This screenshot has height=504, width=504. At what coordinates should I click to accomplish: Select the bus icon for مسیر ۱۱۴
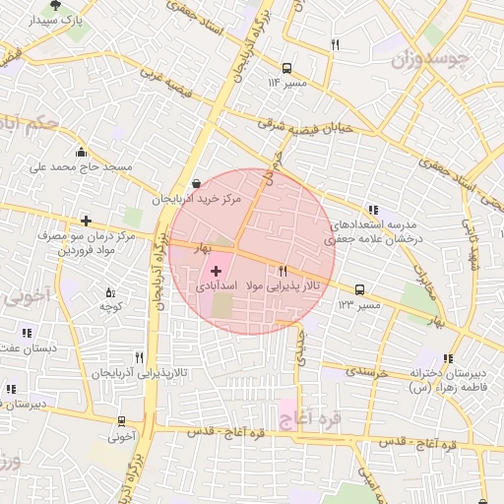pos(286,68)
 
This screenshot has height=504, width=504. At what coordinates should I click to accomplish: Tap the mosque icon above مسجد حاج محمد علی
pos(81,152)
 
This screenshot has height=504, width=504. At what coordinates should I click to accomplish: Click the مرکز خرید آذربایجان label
pos(196,199)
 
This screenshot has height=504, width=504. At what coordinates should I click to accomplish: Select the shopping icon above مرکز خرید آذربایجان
pos(196,183)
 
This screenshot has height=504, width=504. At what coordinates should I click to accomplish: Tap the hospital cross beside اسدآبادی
pos(216,270)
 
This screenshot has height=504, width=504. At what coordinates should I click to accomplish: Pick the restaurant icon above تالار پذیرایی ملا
pos(283,271)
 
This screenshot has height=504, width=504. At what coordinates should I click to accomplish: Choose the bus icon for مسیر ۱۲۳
pos(360,289)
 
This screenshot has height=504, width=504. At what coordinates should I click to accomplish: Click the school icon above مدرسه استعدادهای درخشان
pos(372,210)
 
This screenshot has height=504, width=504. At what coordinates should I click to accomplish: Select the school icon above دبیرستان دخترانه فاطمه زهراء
pos(449,358)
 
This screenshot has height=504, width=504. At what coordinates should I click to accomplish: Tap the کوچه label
pos(109,307)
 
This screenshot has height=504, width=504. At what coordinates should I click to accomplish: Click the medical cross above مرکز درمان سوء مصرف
pos(88,220)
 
